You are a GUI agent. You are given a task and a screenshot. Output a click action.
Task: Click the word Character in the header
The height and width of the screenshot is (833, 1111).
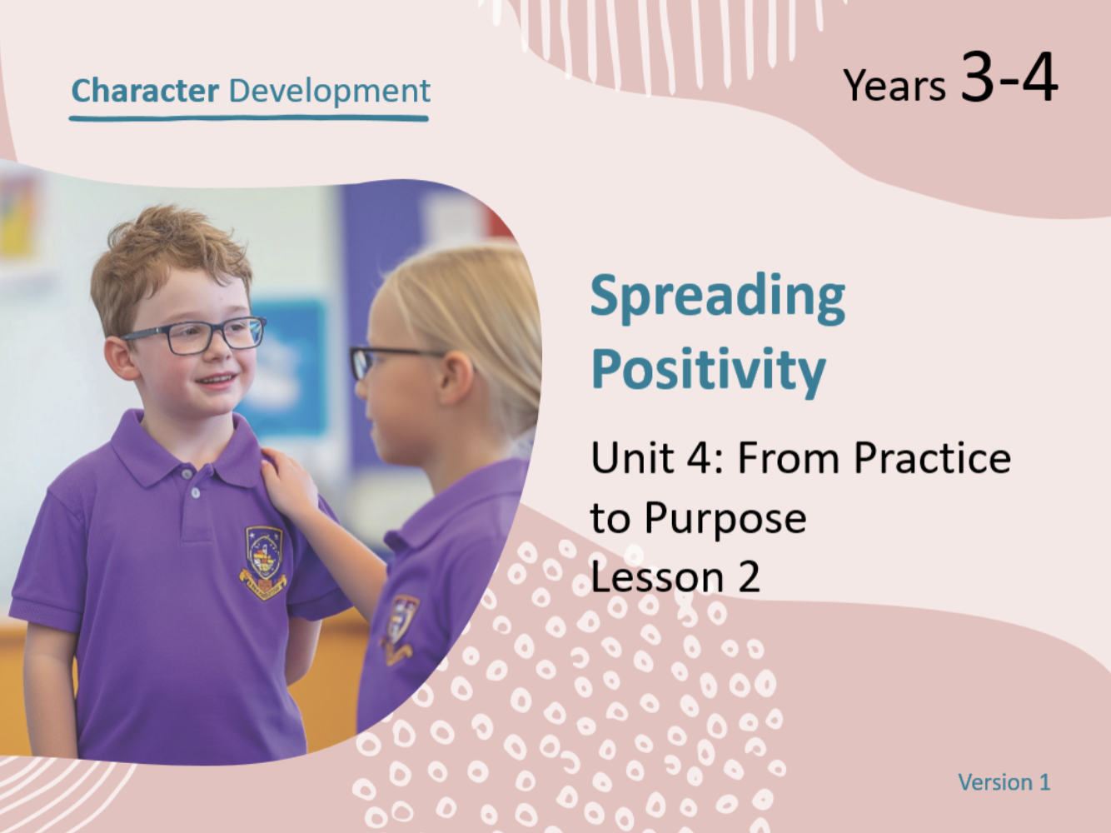145,91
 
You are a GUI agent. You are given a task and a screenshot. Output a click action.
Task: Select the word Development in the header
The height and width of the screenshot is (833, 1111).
330,91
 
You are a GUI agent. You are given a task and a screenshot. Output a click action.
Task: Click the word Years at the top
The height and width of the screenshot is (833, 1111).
894,85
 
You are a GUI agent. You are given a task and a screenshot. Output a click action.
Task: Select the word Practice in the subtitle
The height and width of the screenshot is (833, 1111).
932,458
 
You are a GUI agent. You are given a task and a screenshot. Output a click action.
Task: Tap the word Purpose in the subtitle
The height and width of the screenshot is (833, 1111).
725,519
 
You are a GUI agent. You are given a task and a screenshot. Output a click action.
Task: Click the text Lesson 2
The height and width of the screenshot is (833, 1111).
675,577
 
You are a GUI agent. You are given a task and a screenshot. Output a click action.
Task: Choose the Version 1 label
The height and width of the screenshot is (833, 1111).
1004,782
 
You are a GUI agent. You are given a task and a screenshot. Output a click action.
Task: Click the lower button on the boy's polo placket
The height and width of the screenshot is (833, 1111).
195,492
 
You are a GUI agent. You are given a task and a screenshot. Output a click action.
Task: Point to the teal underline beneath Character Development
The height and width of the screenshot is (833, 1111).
249,119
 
